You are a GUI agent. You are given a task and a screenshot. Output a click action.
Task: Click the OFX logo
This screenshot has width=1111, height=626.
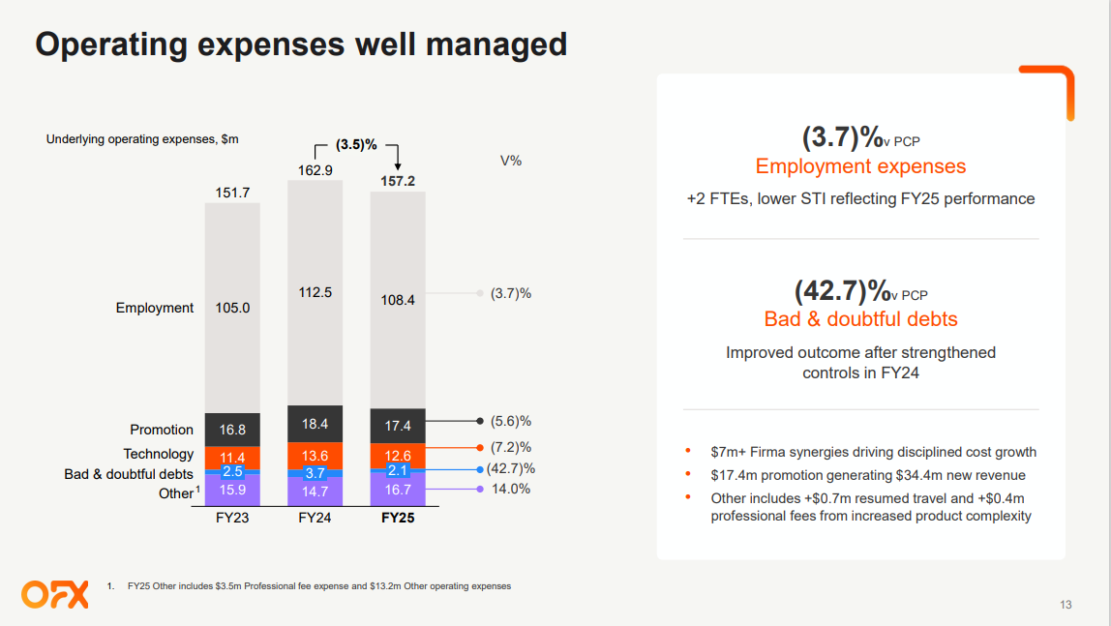pyautogui.click(x=54, y=594)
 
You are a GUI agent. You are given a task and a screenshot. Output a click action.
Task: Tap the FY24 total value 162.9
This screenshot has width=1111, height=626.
pyautogui.click(x=315, y=170)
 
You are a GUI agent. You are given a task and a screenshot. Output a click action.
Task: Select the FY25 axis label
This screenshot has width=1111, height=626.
pyautogui.click(x=397, y=518)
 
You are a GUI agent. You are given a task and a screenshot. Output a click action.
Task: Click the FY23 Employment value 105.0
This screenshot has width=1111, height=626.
pyautogui.click(x=232, y=308)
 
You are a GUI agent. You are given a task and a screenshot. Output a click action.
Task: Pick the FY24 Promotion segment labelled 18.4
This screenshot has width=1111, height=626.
pyautogui.click(x=315, y=424)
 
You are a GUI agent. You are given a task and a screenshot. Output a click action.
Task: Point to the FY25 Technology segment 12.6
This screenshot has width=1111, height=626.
pyautogui.click(x=397, y=456)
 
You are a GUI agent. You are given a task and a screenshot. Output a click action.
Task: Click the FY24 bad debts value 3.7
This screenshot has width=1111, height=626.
pyautogui.click(x=315, y=473)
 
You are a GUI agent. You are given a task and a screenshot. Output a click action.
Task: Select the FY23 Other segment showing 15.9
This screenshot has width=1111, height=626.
pyautogui.click(x=232, y=490)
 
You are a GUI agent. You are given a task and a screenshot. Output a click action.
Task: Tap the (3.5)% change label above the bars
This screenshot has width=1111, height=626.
pyautogui.click(x=356, y=144)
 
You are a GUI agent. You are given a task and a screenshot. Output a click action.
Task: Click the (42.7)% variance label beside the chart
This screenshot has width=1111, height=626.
pyautogui.click(x=510, y=468)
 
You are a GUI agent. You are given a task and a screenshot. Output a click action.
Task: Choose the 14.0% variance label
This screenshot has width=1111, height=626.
pyautogui.click(x=510, y=489)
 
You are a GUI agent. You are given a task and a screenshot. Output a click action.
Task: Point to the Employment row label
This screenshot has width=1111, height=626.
pyautogui.click(x=155, y=308)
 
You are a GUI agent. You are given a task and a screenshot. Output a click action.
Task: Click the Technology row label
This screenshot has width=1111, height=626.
pyautogui.click(x=159, y=454)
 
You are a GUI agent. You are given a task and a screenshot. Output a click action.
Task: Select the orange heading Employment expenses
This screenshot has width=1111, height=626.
pyautogui.click(x=860, y=166)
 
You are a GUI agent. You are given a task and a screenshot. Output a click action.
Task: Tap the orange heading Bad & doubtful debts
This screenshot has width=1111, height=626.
pyautogui.click(x=860, y=318)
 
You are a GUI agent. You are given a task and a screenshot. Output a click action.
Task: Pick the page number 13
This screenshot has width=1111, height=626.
pyautogui.click(x=1066, y=606)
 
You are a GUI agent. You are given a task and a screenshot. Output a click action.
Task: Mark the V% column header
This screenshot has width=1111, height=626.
pyautogui.click(x=510, y=161)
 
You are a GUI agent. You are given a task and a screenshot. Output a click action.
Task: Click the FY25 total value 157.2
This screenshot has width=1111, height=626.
pyautogui.click(x=397, y=181)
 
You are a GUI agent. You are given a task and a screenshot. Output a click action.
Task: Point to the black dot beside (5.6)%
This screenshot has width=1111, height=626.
pyautogui.click(x=480, y=421)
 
